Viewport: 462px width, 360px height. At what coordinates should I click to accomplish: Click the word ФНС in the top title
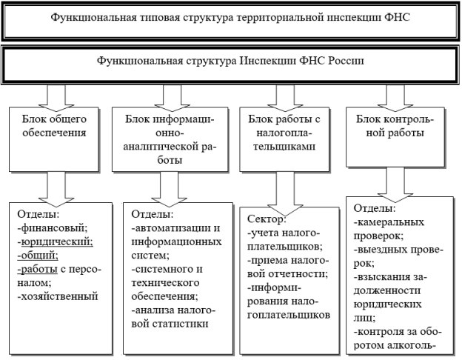coord(397,17)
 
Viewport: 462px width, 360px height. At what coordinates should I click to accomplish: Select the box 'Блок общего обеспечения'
coord(54,139)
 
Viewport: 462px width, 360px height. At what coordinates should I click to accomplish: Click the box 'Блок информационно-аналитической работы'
coord(170,139)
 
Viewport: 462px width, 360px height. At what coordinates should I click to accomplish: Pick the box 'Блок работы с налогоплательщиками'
coord(284,139)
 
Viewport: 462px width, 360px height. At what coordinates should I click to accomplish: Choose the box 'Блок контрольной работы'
coord(395,137)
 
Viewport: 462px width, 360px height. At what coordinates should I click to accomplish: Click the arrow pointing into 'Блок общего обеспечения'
coord(56,96)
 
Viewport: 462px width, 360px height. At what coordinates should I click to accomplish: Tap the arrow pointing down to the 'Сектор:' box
coord(285,194)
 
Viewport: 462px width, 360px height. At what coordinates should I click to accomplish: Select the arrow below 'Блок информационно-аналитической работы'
coord(169,190)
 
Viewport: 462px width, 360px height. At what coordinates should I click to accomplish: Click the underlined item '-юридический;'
coord(56,241)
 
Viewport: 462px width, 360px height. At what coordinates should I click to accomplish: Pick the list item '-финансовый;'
coord(53,228)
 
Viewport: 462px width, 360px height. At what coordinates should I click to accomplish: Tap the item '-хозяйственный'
coord(58,296)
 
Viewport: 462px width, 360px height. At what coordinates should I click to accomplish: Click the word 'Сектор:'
coord(267,219)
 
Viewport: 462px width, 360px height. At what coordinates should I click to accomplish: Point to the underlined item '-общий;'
coord(38,256)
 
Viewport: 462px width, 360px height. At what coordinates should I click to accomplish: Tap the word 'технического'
coord(165,283)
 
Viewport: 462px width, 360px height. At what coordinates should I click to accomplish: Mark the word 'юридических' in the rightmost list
coord(388,304)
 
